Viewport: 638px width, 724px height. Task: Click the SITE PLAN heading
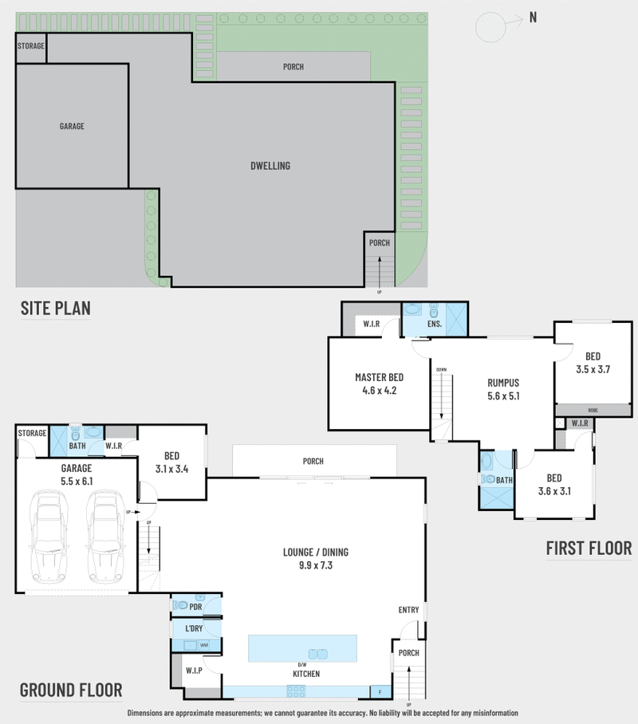pyautogui.click(x=55, y=308)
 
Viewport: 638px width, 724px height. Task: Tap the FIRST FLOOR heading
pyautogui.click(x=588, y=548)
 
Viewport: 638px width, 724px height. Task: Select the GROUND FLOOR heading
pyautogui.click(x=70, y=690)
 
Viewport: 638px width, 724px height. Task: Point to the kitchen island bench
pyautogui.click(x=302, y=647)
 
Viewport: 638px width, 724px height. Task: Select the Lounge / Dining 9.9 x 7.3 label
pyautogui.click(x=315, y=557)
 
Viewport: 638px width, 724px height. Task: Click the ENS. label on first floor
pyautogui.click(x=434, y=325)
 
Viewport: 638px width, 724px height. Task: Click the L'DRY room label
pyautogui.click(x=193, y=630)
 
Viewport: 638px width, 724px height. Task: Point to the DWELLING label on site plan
pyautogui.click(x=270, y=166)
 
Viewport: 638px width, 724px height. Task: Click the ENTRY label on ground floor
pyautogui.click(x=408, y=610)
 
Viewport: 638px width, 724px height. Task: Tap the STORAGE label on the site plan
pyautogui.click(x=31, y=46)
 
